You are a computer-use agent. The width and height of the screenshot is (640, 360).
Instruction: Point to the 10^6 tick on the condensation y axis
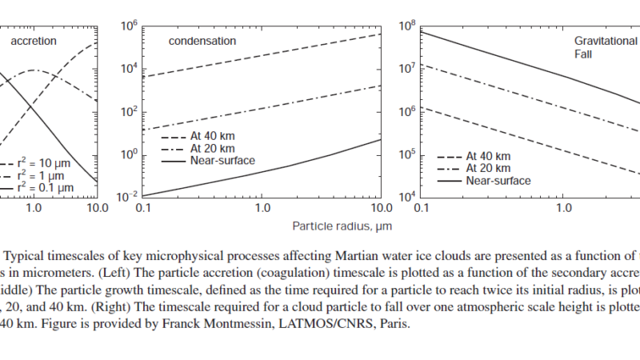[x=130, y=26]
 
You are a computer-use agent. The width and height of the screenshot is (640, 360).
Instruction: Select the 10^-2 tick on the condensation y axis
[x=128, y=197]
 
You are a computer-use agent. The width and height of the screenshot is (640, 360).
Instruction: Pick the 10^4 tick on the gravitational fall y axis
[x=408, y=197]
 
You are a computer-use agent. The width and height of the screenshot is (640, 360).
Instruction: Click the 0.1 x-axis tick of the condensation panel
[x=145, y=209]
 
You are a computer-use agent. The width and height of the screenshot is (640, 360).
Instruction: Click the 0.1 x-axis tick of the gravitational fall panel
[x=423, y=209]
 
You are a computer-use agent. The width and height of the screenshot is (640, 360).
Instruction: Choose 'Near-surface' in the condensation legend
[x=222, y=161]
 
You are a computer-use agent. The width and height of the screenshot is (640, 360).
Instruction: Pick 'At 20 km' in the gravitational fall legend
[x=490, y=168]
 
